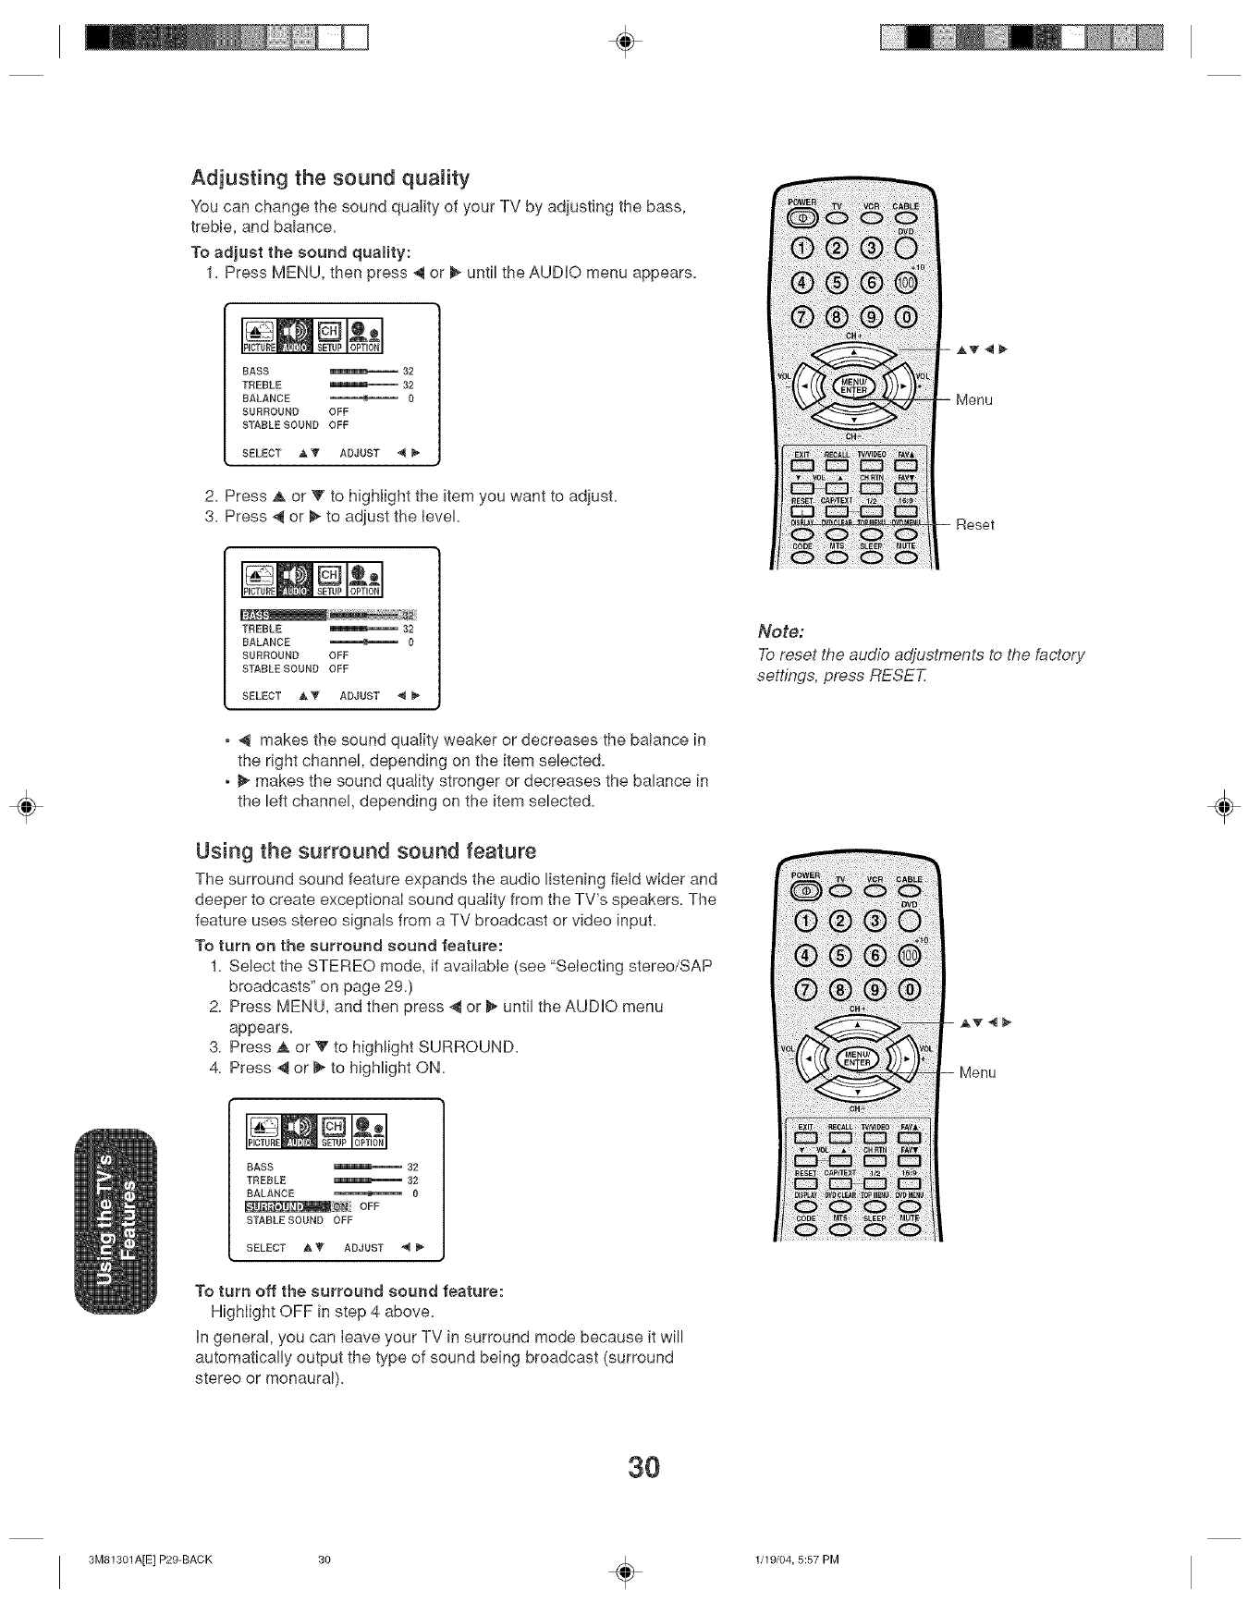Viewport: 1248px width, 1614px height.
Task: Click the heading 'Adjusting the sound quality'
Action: click(330, 177)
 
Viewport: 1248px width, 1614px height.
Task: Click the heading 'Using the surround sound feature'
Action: click(365, 850)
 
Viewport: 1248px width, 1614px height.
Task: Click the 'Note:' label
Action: click(782, 632)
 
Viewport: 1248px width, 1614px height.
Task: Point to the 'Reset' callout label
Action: click(974, 525)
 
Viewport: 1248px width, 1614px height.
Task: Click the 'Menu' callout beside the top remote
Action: click(973, 400)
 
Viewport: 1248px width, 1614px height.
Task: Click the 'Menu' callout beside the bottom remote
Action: click(977, 1073)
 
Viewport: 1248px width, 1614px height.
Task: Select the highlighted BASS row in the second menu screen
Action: click(328, 616)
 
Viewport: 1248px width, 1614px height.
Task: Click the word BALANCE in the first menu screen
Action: click(266, 398)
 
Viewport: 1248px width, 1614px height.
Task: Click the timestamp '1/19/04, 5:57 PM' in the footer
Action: click(796, 1560)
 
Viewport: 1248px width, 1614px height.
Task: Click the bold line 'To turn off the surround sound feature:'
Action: click(349, 1290)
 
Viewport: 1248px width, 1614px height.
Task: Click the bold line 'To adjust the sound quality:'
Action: click(300, 252)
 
